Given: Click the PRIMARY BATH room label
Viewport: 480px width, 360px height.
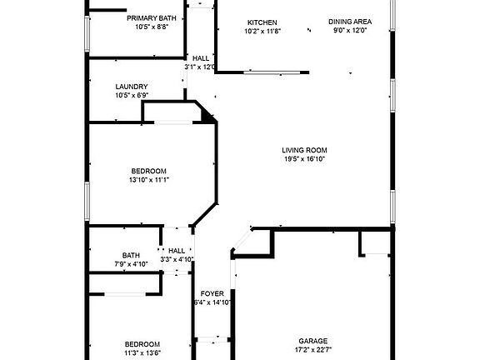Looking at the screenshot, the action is click(152, 18).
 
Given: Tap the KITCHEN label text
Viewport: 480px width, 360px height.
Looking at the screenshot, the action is click(262, 22).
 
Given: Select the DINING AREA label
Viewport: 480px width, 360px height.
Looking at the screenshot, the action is click(350, 22).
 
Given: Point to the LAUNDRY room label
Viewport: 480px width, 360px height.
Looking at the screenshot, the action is click(132, 87).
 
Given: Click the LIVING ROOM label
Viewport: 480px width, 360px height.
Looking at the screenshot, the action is click(304, 150).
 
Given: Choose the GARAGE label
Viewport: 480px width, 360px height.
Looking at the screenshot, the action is click(313, 341).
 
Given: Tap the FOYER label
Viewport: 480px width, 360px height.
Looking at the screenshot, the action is click(212, 294).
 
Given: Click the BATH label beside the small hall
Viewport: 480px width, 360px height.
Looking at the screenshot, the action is click(131, 255).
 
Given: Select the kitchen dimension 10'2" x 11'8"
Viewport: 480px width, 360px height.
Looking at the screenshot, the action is click(262, 31).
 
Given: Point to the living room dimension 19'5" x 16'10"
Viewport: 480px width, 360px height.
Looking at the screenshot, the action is click(304, 159).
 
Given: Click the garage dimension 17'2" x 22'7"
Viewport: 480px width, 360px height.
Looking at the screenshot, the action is click(313, 350).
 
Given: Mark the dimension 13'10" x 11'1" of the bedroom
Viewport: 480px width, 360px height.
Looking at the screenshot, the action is click(149, 180).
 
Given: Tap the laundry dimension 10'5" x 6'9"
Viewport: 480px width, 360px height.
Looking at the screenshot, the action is click(132, 95).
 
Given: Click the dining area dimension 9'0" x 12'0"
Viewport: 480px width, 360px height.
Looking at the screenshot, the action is click(350, 30).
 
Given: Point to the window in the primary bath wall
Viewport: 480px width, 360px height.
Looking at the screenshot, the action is click(87, 33).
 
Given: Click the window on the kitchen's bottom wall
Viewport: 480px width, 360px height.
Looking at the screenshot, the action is click(272, 72).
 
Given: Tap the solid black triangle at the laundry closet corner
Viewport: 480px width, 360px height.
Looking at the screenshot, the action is click(208, 117).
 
